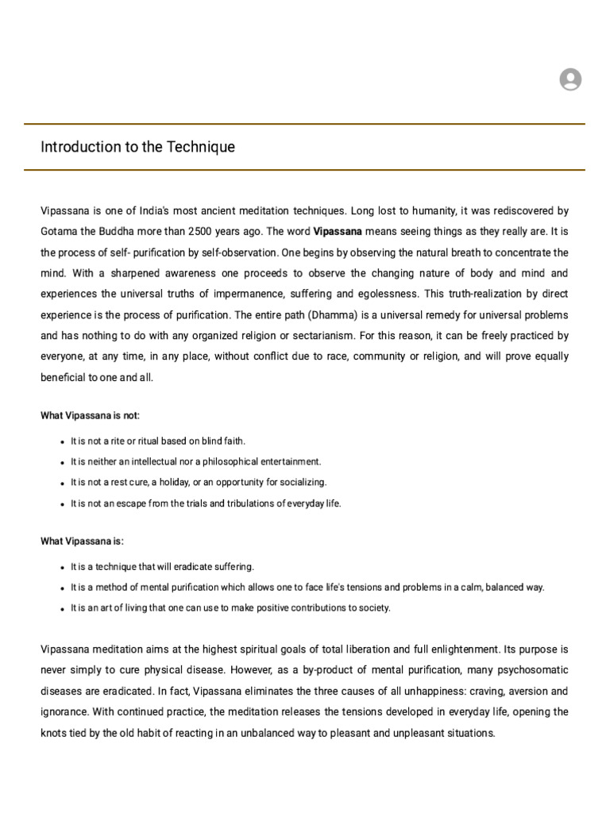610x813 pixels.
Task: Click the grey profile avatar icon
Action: point(570,79)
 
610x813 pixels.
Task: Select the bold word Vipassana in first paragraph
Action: point(338,232)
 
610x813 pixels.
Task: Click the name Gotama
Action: point(60,232)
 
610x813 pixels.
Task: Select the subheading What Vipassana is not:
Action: point(90,415)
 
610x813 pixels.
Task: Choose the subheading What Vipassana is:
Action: point(82,541)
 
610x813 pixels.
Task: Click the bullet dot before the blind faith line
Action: point(62,441)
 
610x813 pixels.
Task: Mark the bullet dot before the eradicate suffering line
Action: point(62,568)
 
